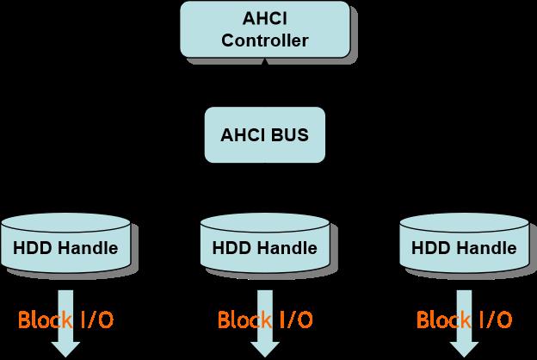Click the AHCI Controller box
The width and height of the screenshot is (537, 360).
pos(264,29)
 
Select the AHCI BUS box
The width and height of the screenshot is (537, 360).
pos(264,134)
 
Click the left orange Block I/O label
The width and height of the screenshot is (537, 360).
pos(65,321)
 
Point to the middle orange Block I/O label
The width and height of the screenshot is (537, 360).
pos(264,321)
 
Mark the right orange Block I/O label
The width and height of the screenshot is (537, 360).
pos(464,321)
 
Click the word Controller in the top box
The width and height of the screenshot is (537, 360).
pos(264,40)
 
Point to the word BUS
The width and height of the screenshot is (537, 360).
pos(289,135)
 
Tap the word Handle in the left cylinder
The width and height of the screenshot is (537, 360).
pos(85,249)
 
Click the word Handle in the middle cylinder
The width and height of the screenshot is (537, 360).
pos(284,249)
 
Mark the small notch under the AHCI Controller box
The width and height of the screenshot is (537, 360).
pos(264,62)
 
